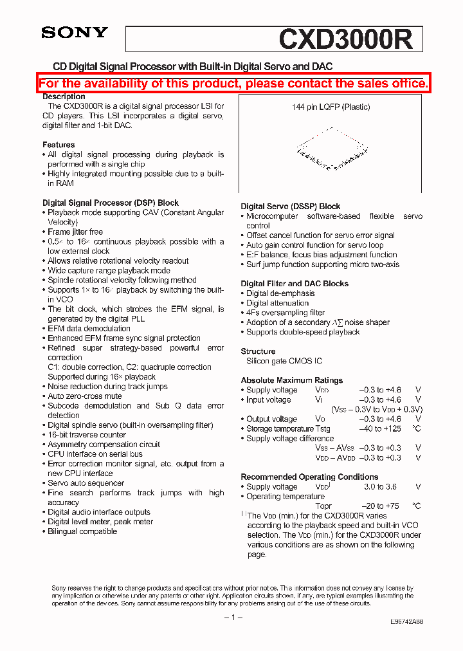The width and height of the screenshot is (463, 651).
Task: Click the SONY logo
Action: (75, 33)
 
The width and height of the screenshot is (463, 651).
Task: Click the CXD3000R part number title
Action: (349, 39)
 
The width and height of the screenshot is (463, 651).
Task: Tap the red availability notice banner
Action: (233, 84)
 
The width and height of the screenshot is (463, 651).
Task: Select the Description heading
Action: (64, 96)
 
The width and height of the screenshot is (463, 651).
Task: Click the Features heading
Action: (59, 145)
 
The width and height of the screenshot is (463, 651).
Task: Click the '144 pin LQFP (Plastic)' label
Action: (331, 107)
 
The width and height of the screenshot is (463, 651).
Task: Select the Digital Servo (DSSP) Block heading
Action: (291, 206)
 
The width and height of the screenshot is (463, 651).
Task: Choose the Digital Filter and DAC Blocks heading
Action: (295, 284)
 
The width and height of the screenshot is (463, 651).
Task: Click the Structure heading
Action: (258, 351)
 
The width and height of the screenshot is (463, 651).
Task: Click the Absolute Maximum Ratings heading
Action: (292, 380)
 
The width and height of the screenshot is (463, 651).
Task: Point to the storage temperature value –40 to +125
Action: (379, 429)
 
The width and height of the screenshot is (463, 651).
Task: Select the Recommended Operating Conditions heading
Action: (309, 477)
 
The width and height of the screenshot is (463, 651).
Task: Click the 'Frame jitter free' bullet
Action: (75, 232)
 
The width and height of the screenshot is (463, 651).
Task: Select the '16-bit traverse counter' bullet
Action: (87, 435)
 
